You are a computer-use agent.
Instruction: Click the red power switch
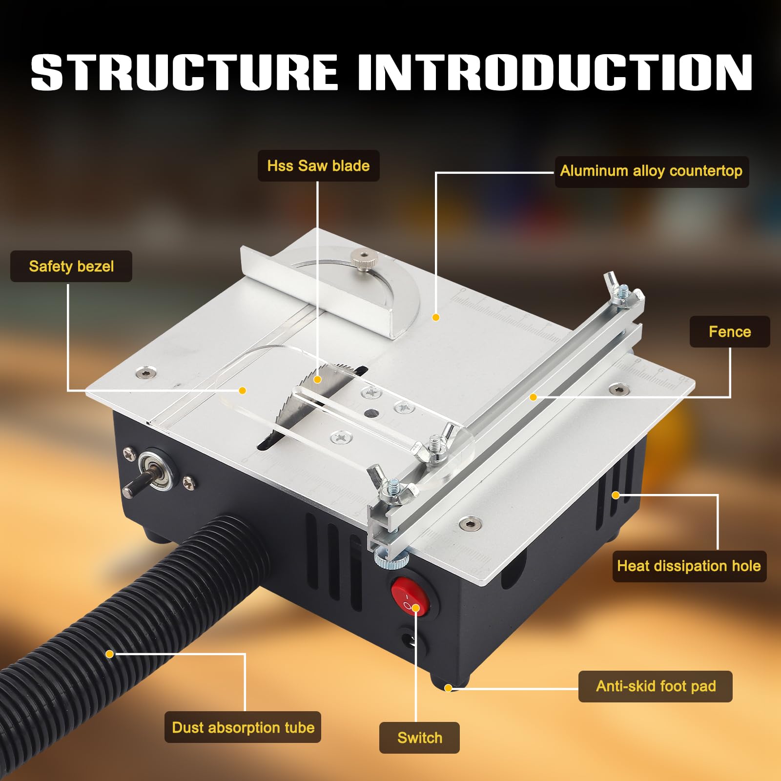(x=410, y=597)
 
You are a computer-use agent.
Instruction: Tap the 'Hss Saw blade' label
(x=318, y=166)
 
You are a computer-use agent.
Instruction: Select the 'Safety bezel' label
(x=71, y=266)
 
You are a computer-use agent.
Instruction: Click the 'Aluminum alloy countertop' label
(x=651, y=171)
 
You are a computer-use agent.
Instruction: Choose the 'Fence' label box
(x=730, y=332)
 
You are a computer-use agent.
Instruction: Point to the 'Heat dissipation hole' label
(x=689, y=566)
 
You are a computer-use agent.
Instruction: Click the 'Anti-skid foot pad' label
(x=656, y=686)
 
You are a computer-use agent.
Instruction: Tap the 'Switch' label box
(x=419, y=738)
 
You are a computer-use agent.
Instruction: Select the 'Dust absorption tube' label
(x=243, y=727)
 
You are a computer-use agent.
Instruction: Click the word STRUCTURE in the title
(x=185, y=72)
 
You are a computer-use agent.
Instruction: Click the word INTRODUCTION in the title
(x=555, y=72)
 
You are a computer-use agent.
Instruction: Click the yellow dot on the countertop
(x=436, y=317)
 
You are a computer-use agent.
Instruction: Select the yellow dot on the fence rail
(x=534, y=397)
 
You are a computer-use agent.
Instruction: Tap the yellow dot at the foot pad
(x=448, y=688)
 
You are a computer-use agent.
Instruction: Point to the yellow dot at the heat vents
(x=616, y=495)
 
